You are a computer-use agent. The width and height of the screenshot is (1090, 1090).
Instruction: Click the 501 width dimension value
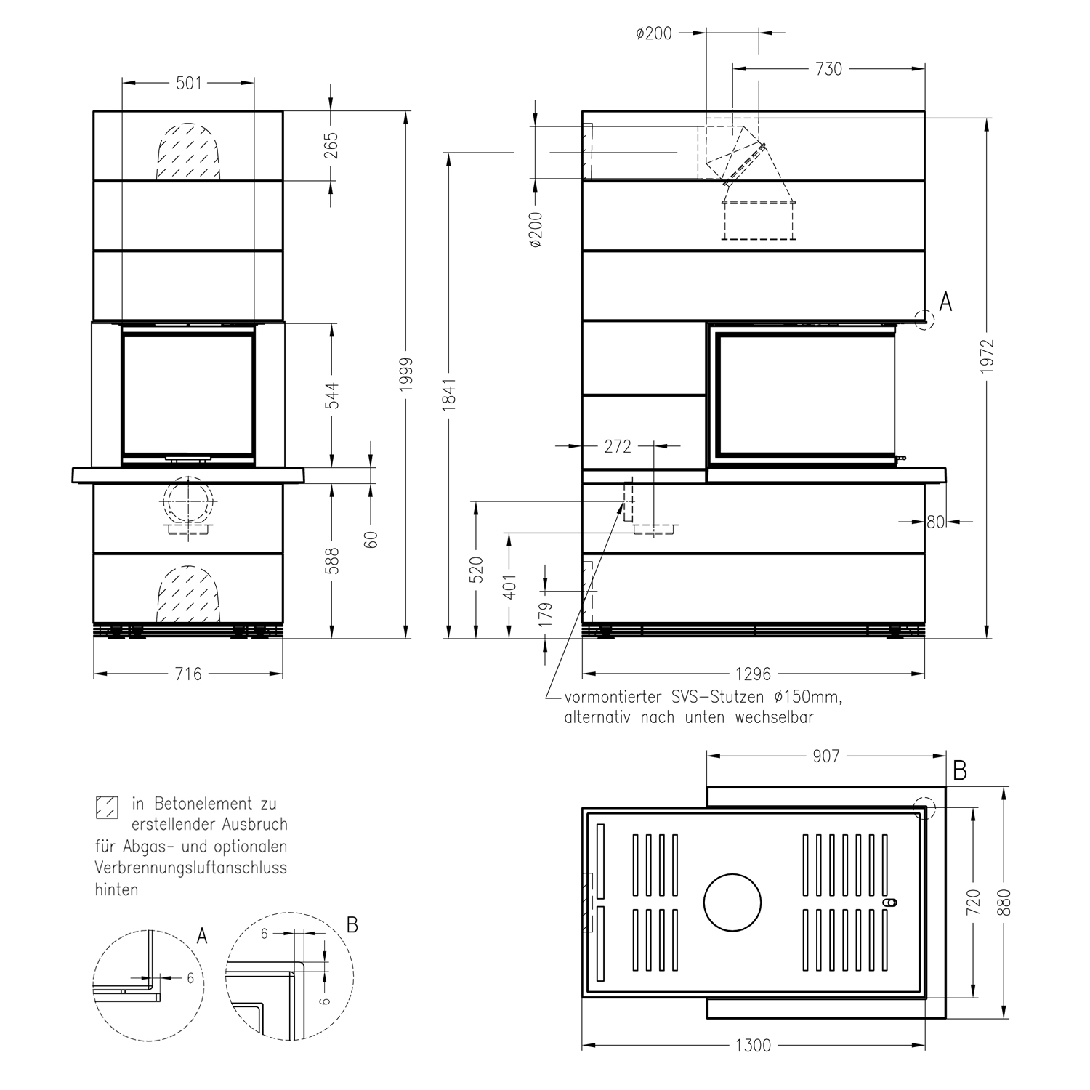188,84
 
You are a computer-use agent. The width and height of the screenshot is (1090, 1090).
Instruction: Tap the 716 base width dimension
188,674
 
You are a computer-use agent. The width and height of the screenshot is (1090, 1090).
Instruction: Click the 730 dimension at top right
828,69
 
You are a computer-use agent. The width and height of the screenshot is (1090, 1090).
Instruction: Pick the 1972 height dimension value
986,356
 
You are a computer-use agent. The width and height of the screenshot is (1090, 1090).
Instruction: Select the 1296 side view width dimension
753,674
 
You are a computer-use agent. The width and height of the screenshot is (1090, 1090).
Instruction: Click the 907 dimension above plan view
826,756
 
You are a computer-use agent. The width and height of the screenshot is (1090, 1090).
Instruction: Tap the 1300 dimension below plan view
753,1046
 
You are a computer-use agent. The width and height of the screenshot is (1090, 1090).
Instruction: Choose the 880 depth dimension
1005,903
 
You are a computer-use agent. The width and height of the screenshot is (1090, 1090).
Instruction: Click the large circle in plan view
732,903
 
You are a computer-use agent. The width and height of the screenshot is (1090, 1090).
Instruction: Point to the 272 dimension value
618,446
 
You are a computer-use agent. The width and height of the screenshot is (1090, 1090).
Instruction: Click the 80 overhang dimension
934,521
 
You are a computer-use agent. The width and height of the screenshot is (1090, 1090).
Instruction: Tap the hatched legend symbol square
107,807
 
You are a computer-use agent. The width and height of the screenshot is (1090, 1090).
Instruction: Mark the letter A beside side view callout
945,302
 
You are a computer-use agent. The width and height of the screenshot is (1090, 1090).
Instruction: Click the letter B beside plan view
959,771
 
